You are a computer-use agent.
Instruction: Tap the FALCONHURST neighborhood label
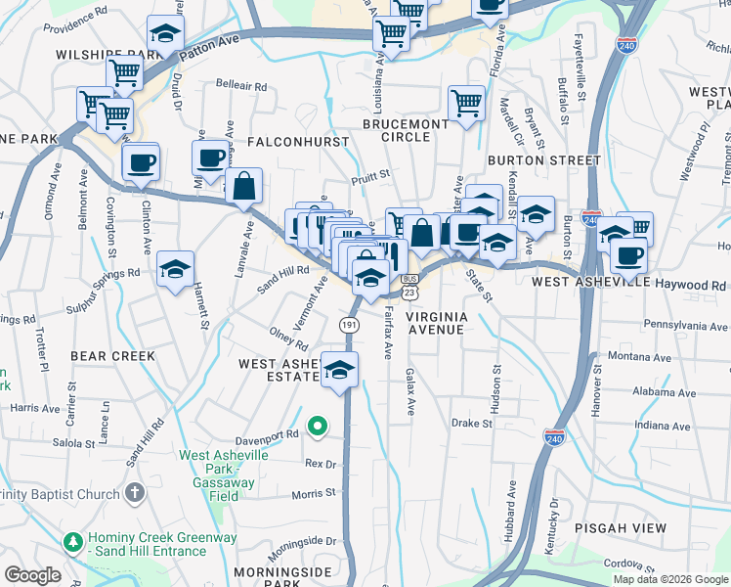(298, 142)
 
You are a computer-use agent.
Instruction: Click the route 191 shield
(349, 324)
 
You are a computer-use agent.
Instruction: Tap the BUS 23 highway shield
(409, 287)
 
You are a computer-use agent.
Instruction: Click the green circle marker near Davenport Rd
(317, 427)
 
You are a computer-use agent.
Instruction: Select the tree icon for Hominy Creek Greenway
(71, 541)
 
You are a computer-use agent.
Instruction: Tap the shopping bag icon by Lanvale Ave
(243, 186)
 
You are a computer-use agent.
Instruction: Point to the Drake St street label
(471, 424)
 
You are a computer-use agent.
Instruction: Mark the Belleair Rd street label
(240, 86)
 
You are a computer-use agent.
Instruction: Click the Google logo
(32, 575)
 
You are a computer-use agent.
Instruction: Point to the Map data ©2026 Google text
(670, 579)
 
